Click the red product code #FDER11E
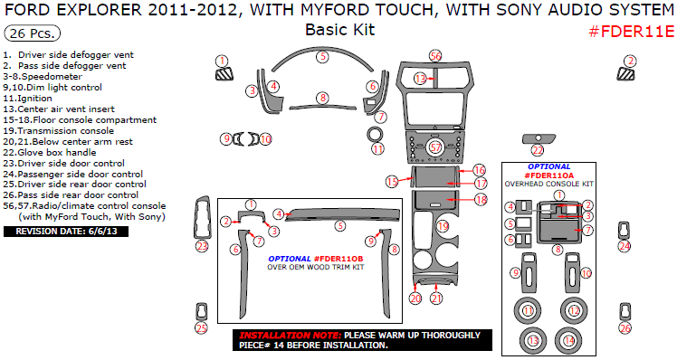(x=631, y=33)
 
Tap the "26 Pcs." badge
(x=33, y=33)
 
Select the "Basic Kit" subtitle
(x=338, y=30)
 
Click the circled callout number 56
(x=435, y=56)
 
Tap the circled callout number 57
(x=435, y=147)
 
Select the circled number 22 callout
(x=538, y=151)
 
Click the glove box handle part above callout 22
(x=538, y=138)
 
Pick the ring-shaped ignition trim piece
(x=376, y=135)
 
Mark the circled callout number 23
(x=202, y=246)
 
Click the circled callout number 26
(x=625, y=328)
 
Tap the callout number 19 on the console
(x=443, y=225)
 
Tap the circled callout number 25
(x=202, y=328)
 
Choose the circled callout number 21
(x=436, y=298)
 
